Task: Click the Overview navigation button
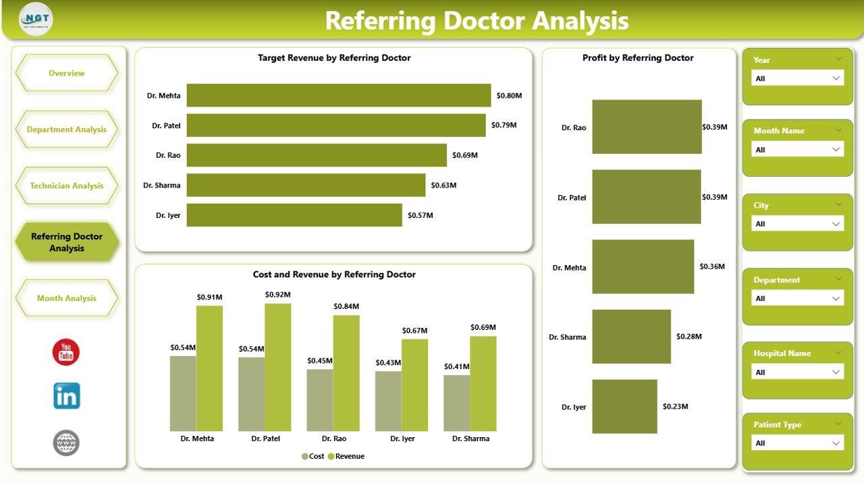click(66, 73)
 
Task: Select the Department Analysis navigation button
click(66, 130)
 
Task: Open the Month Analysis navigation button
click(66, 298)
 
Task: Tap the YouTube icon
click(66, 353)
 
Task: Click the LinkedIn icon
click(66, 396)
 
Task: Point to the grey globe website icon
click(66, 443)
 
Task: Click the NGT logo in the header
click(36, 20)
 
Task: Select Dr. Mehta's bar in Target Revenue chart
click(338, 95)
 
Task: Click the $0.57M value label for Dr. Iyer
click(420, 215)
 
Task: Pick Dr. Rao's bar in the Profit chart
click(647, 127)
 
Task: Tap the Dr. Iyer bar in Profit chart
click(624, 407)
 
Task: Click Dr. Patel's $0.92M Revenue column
click(277, 367)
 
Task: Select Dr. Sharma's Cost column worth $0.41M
click(456, 403)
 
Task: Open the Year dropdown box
click(797, 78)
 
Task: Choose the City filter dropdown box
click(797, 224)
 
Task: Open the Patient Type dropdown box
click(797, 443)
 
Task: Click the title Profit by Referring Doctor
click(638, 58)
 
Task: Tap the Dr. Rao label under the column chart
click(333, 438)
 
